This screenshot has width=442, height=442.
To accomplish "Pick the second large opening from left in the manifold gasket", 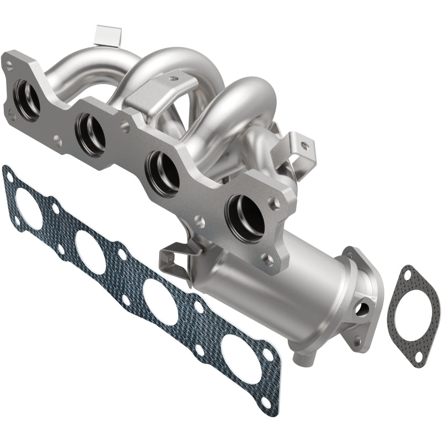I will [91, 251].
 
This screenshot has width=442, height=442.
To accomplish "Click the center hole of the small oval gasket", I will [409, 315].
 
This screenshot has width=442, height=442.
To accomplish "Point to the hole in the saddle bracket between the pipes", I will [174, 80].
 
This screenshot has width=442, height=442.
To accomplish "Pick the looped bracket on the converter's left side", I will [174, 258].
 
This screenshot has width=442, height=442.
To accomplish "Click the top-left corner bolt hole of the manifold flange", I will [9, 64].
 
